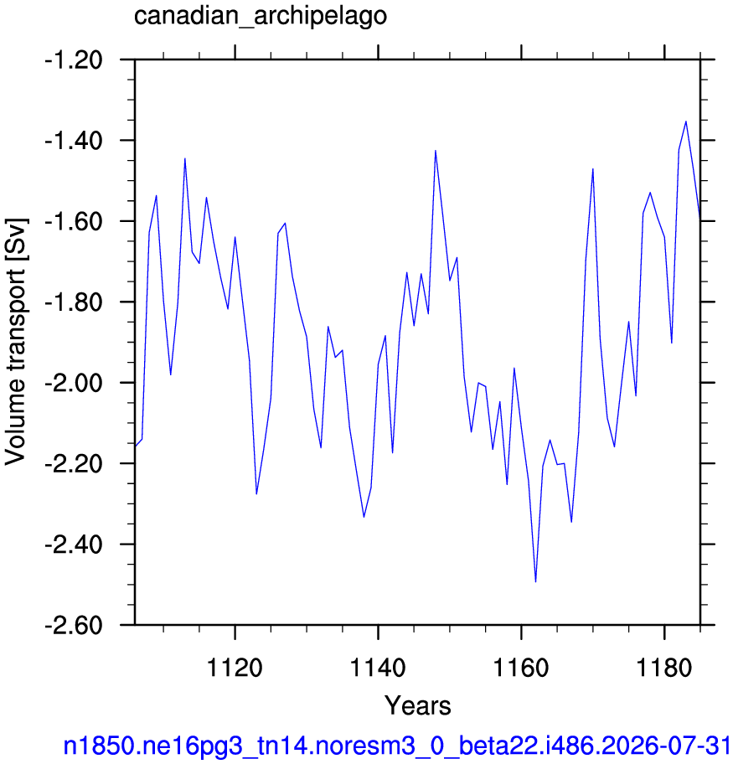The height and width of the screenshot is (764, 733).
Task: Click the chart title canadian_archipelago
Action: (261, 16)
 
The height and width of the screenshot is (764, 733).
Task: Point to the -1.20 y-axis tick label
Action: (74, 61)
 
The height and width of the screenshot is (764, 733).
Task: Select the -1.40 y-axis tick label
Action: (74, 142)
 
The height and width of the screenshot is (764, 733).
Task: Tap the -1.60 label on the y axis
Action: (74, 222)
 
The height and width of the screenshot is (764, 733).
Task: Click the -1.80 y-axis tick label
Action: (74, 302)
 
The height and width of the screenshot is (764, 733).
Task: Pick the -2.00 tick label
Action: (74, 384)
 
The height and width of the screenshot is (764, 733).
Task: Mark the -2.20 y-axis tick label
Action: (74, 464)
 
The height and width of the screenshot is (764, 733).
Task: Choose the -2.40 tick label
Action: (74, 545)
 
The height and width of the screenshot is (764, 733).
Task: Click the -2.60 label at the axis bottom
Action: (74, 626)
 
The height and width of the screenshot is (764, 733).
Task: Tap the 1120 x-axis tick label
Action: (235, 667)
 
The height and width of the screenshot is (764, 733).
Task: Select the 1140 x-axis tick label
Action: (378, 667)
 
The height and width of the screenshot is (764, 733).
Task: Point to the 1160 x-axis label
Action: (521, 667)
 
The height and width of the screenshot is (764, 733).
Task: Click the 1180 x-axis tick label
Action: (663, 667)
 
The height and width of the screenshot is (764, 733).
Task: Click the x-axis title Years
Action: (418, 705)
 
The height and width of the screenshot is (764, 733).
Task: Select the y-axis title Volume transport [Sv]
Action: (16, 342)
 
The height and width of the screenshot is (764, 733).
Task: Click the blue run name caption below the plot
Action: (398, 746)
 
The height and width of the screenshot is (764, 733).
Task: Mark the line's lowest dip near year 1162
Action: (535, 581)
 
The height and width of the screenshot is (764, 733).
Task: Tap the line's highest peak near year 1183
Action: (686, 121)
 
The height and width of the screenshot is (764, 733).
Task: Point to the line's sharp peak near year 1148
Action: (436, 151)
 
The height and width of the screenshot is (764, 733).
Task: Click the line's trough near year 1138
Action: (364, 517)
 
